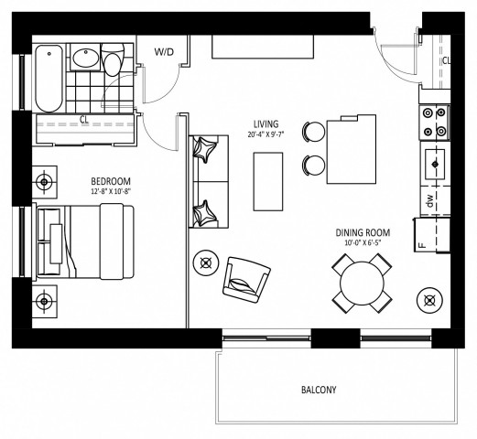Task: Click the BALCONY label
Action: click(x=319, y=391)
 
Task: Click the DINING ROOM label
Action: click(x=362, y=233)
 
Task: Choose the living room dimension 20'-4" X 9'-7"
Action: click(x=266, y=135)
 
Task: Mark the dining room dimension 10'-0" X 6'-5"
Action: click(x=362, y=244)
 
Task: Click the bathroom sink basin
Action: click(x=86, y=57)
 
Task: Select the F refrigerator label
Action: click(x=422, y=245)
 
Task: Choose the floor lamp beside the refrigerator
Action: click(x=428, y=299)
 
